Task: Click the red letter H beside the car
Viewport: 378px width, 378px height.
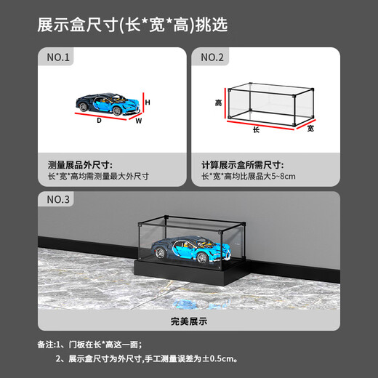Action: [148, 103]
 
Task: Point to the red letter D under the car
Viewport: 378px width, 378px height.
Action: [99, 121]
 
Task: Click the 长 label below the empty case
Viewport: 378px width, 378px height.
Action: [256, 129]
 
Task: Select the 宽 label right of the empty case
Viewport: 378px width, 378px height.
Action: [311, 128]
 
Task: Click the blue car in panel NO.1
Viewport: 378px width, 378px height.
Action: [109, 101]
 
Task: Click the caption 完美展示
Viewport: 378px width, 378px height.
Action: [188, 319]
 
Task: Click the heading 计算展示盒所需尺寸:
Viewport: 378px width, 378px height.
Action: [245, 165]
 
